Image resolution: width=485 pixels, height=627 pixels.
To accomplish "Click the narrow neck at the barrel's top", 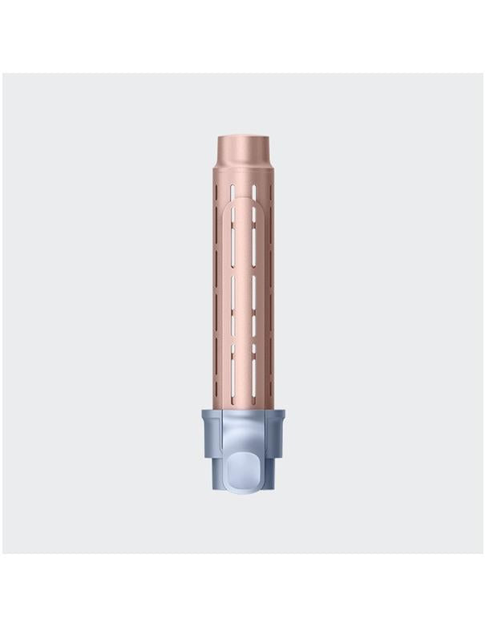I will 243,148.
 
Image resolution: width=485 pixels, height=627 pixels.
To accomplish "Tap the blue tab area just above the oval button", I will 243,437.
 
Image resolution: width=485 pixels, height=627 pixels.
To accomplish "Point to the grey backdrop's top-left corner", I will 4,75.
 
